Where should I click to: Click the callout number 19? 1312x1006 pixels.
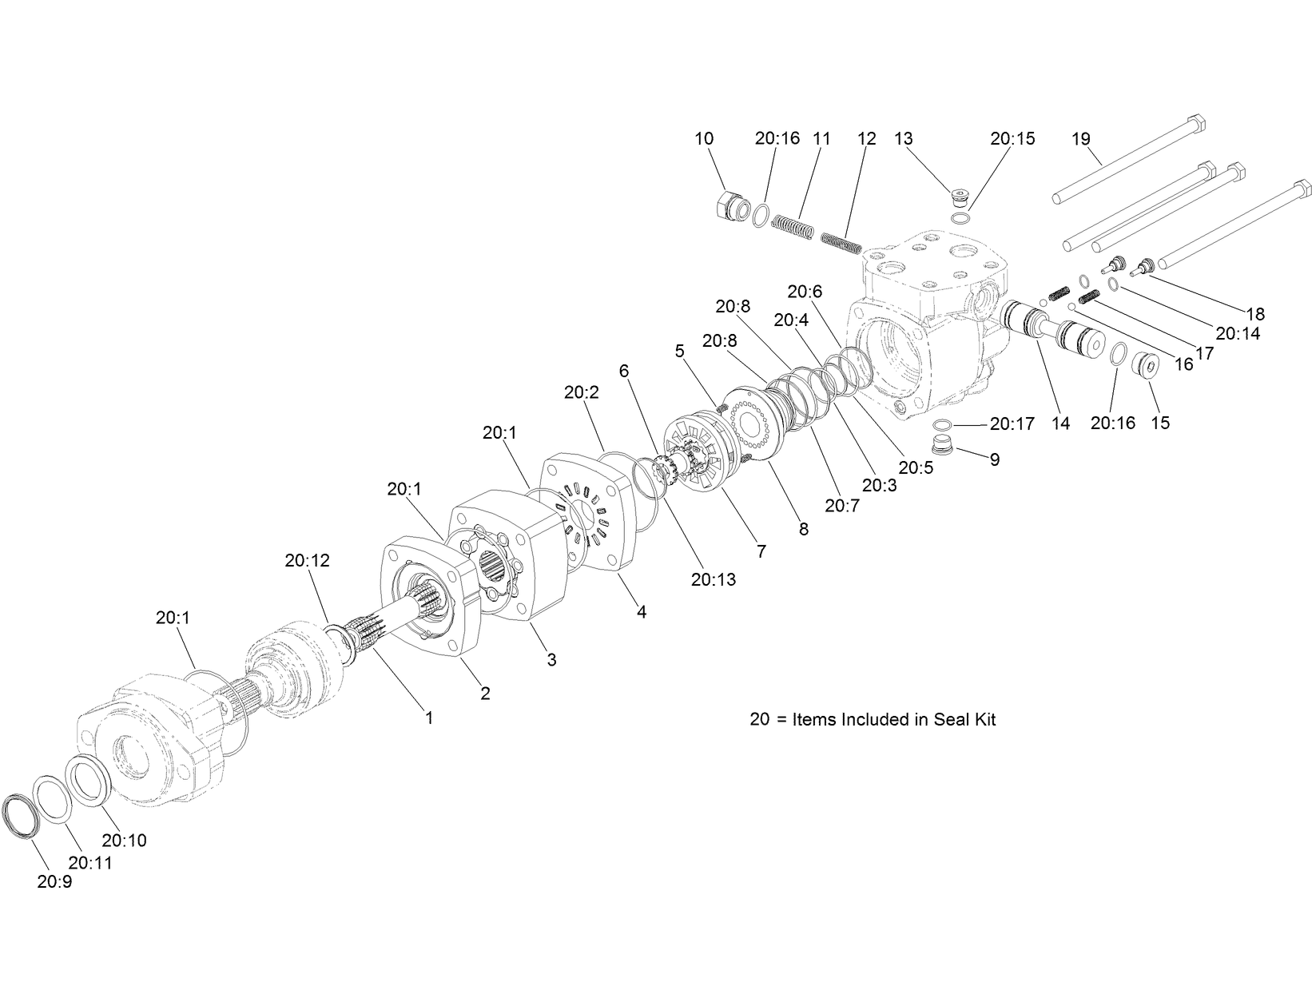1080,139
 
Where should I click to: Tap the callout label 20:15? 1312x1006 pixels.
1012,138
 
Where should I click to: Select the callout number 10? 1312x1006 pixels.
703,138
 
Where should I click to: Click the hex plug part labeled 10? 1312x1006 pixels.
730,209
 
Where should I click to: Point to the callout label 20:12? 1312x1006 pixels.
307,561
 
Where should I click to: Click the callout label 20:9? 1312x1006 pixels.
54,882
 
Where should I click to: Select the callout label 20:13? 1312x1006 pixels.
714,579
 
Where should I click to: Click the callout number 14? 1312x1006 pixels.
1060,423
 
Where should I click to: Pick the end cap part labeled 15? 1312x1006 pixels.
1148,367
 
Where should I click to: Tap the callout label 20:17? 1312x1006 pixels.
1012,424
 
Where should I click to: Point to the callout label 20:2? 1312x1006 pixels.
581,392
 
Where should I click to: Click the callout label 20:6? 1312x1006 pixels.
804,292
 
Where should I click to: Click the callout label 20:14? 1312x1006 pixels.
1238,333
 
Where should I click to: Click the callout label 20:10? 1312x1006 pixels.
124,841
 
